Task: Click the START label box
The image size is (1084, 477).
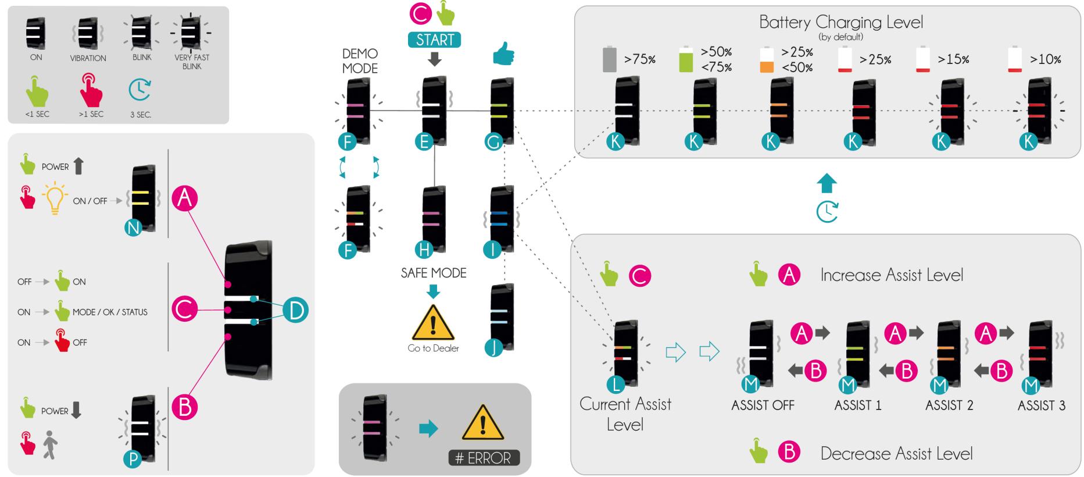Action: point(435,40)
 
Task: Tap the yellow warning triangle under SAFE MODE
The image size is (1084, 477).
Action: point(433,323)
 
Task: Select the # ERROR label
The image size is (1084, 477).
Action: point(484,458)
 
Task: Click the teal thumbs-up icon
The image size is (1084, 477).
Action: point(503,55)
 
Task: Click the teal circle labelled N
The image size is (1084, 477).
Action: point(133,228)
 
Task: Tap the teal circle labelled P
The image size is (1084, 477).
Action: point(133,460)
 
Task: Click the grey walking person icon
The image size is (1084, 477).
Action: point(51,444)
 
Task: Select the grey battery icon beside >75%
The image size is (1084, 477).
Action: point(609,59)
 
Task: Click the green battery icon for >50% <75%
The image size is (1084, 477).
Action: point(686,59)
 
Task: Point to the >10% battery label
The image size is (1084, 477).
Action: point(1045,59)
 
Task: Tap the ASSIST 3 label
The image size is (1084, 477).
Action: point(1041,405)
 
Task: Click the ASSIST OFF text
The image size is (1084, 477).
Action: point(763,405)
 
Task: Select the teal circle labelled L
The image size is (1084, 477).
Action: point(615,383)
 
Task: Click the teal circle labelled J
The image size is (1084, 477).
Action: point(493,348)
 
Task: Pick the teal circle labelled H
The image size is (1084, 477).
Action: point(424,250)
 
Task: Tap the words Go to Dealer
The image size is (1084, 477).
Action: point(433,348)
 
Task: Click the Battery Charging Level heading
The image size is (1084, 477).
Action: point(840,22)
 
